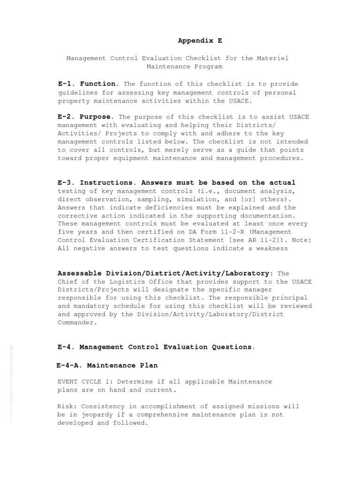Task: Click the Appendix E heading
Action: pos(200,41)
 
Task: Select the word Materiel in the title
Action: pos(272,59)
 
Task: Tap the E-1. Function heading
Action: pos(88,84)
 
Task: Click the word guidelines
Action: pos(76,93)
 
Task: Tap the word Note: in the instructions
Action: pos(301,240)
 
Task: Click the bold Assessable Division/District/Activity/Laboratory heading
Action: pos(165,273)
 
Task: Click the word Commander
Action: pos(76,322)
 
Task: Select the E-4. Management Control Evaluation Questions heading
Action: pos(157,347)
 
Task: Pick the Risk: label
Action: pos(67,406)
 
